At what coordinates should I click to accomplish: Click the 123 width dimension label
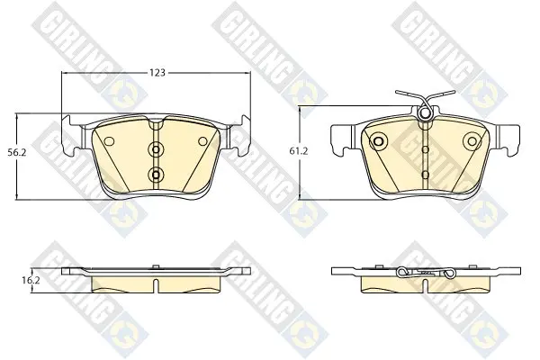coord(157,73)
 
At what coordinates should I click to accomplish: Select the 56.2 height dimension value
coord(17,152)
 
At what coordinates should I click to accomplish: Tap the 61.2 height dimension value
coord(298,151)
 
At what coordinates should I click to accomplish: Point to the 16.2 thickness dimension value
coord(31,280)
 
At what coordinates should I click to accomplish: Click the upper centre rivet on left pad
coord(156,149)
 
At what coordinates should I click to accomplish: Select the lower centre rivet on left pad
coord(156,175)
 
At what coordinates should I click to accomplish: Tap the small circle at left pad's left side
coord(109,141)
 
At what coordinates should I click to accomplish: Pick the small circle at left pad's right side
coord(202,141)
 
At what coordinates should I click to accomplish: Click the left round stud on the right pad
coord(378,141)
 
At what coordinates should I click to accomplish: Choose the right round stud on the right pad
coord(472,141)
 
